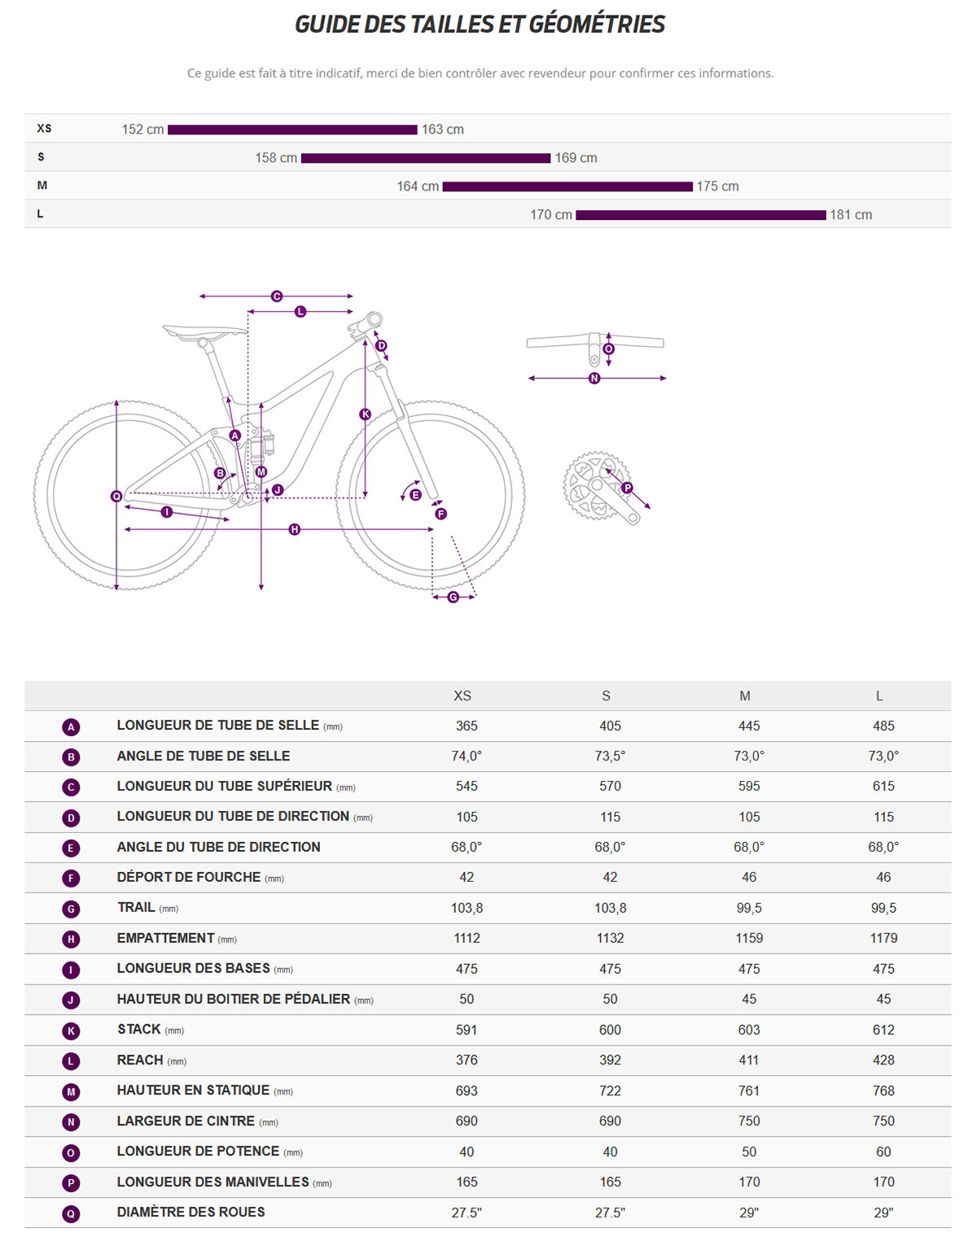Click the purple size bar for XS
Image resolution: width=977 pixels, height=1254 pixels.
pyautogui.click(x=292, y=129)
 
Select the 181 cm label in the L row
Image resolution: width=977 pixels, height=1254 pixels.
pyautogui.click(x=851, y=215)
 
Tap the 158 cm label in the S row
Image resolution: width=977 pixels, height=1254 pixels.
pyautogui.click(x=276, y=158)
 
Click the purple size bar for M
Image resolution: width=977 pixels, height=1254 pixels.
pyautogui.click(x=567, y=186)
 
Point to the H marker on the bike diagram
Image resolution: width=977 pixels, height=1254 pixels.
pyautogui.click(x=295, y=530)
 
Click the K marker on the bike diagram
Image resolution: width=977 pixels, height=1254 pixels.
pyautogui.click(x=366, y=414)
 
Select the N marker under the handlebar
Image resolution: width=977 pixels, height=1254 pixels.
pyautogui.click(x=594, y=379)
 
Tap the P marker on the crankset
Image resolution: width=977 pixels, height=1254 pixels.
pyautogui.click(x=627, y=488)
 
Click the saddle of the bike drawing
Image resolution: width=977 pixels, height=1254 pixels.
pyautogui.click(x=204, y=331)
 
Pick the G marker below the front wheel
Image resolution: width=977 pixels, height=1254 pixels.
pyautogui.click(x=453, y=598)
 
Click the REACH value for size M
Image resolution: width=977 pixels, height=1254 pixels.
pyautogui.click(x=748, y=1060)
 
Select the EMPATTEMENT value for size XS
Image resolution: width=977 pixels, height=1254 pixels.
pyautogui.click(x=467, y=938)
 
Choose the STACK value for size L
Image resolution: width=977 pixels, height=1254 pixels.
pyautogui.click(x=883, y=1030)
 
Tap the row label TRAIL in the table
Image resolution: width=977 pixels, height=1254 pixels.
pyautogui.click(x=136, y=908)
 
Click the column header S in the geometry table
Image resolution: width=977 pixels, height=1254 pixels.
pyautogui.click(x=606, y=696)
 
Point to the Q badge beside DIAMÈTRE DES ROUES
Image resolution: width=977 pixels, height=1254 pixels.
pyautogui.click(x=71, y=1214)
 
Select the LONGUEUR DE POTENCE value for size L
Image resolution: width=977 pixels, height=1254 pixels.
pyautogui.click(x=883, y=1152)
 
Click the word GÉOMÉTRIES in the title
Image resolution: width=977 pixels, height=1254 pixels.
pyautogui.click(x=597, y=24)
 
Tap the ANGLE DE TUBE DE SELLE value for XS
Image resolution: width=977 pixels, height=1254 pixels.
pyautogui.click(x=467, y=756)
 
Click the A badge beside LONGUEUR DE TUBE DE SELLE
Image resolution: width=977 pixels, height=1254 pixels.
pyautogui.click(x=71, y=727)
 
